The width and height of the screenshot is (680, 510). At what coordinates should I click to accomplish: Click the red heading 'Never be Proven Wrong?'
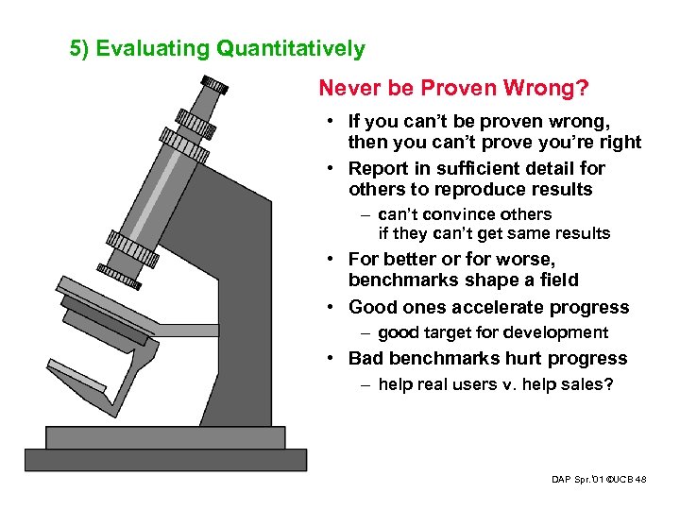[454, 88]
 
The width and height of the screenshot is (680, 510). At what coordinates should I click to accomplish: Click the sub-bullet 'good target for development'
[492, 332]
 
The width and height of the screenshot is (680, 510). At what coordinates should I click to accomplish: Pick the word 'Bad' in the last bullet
[365, 358]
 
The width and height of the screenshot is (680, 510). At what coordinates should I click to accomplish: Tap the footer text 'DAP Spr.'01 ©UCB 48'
[599, 480]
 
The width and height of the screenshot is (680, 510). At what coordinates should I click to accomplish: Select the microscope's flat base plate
[165, 459]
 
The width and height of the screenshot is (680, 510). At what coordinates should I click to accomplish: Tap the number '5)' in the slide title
[80, 48]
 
